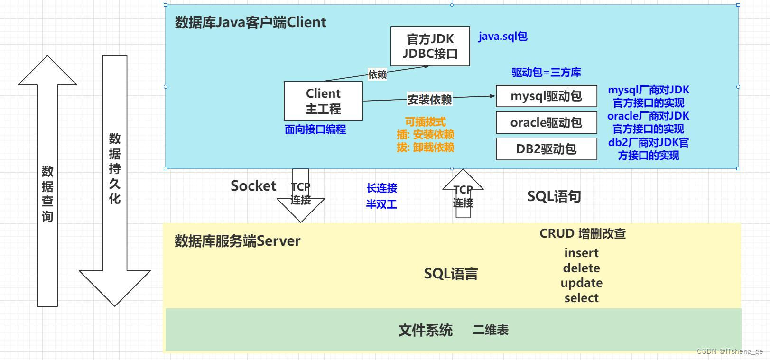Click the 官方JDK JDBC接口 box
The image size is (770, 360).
coord(430,46)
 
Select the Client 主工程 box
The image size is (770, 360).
coord(323,101)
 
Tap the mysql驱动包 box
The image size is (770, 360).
coord(546,96)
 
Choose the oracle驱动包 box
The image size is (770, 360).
coord(546,123)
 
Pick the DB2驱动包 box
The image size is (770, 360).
coord(546,149)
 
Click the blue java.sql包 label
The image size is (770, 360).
coord(502,37)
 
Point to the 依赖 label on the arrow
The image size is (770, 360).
coord(377,74)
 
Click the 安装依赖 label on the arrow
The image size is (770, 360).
coord(429,100)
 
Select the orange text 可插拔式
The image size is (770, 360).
coord(425,122)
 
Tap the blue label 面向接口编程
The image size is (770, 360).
coord(315,129)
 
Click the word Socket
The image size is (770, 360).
coord(253,186)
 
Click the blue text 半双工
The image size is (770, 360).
coord(381,204)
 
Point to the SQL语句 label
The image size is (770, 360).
coord(554,196)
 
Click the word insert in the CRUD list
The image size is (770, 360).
coord(581,253)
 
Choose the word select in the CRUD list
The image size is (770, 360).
coord(581,298)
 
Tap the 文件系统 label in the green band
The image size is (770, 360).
coord(425,330)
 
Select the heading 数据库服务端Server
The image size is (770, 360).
coord(237,241)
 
